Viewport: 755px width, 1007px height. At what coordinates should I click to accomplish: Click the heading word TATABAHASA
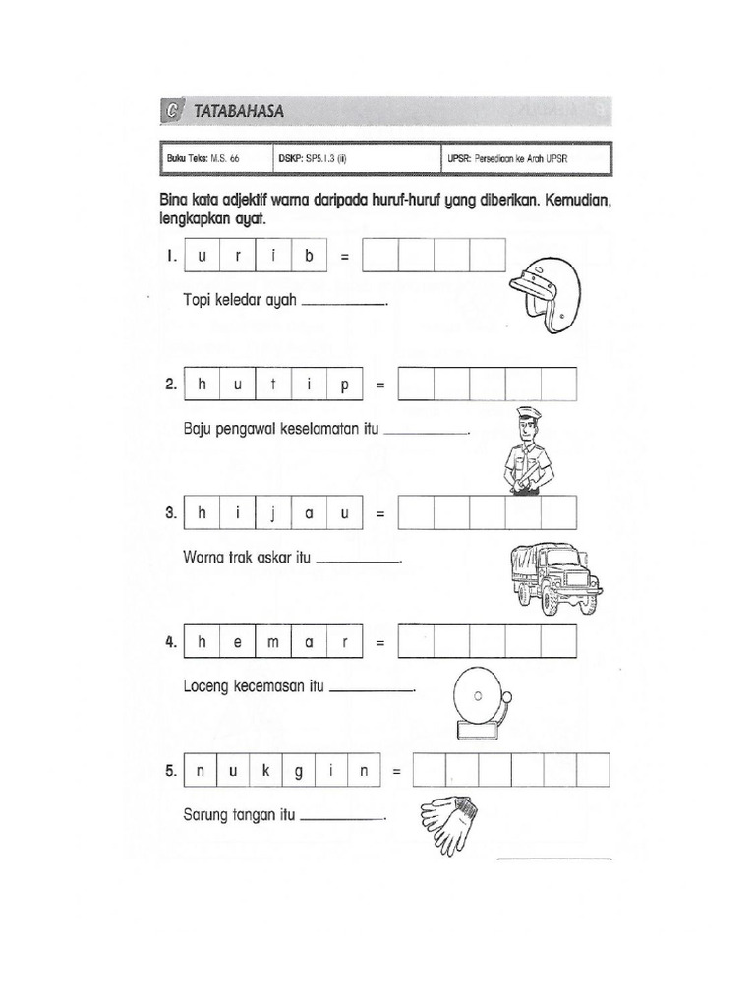[239, 112]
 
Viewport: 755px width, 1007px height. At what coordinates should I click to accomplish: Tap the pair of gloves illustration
[449, 822]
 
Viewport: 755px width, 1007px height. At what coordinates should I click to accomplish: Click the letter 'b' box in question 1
[308, 257]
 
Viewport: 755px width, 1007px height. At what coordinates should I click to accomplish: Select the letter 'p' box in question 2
[344, 386]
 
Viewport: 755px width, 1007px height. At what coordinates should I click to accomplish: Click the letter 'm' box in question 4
[272, 642]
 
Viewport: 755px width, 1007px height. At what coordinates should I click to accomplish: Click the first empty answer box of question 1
[380, 257]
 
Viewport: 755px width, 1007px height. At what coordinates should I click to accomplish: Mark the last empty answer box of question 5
[593, 772]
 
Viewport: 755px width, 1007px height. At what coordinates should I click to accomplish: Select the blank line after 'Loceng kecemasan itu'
[372, 690]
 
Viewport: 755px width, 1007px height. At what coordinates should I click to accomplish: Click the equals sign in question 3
[380, 514]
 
